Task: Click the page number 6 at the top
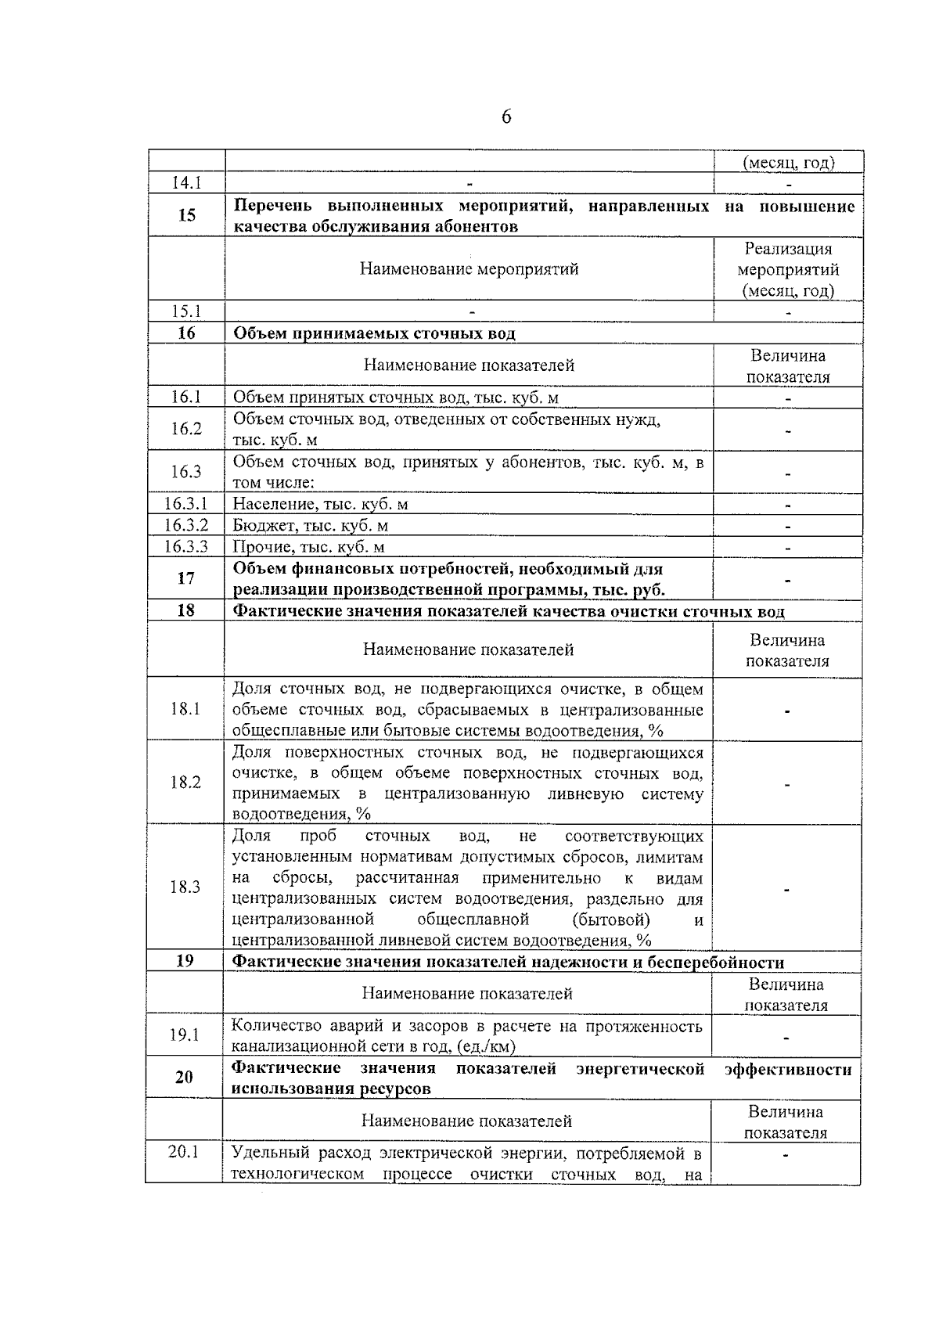pos(506,117)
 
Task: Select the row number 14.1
pos(186,183)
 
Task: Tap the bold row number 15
pos(186,215)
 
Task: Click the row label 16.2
pos(186,429)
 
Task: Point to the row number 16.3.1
pos(186,504)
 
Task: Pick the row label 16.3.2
pos(186,525)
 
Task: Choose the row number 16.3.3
pos(186,546)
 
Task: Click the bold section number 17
pos(186,578)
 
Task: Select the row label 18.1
pos(186,709)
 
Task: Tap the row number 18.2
pos(186,783)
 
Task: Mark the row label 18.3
pos(185,887)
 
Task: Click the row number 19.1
pos(185,1035)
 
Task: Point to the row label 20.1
pos(184,1152)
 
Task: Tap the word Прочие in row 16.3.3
pos(259,547)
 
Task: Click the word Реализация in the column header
pos(788,249)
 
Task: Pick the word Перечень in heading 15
pos(273,206)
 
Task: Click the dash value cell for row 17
pos(788,580)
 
